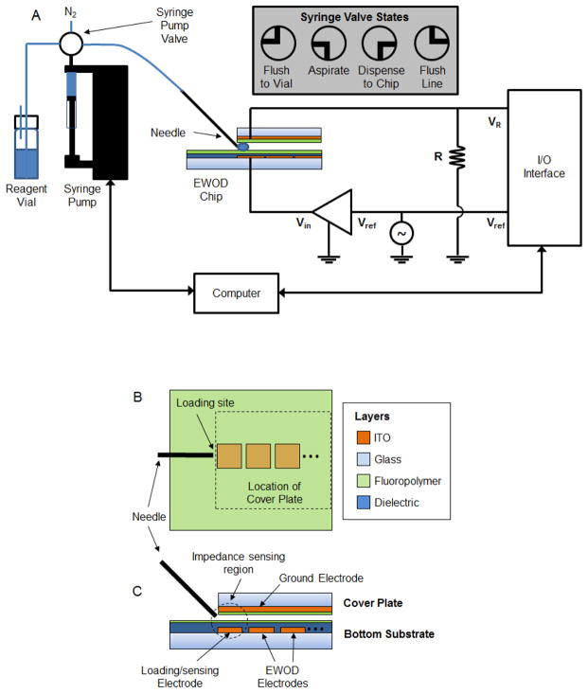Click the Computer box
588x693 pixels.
tap(236, 293)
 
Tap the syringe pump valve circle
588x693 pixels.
tap(72, 43)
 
